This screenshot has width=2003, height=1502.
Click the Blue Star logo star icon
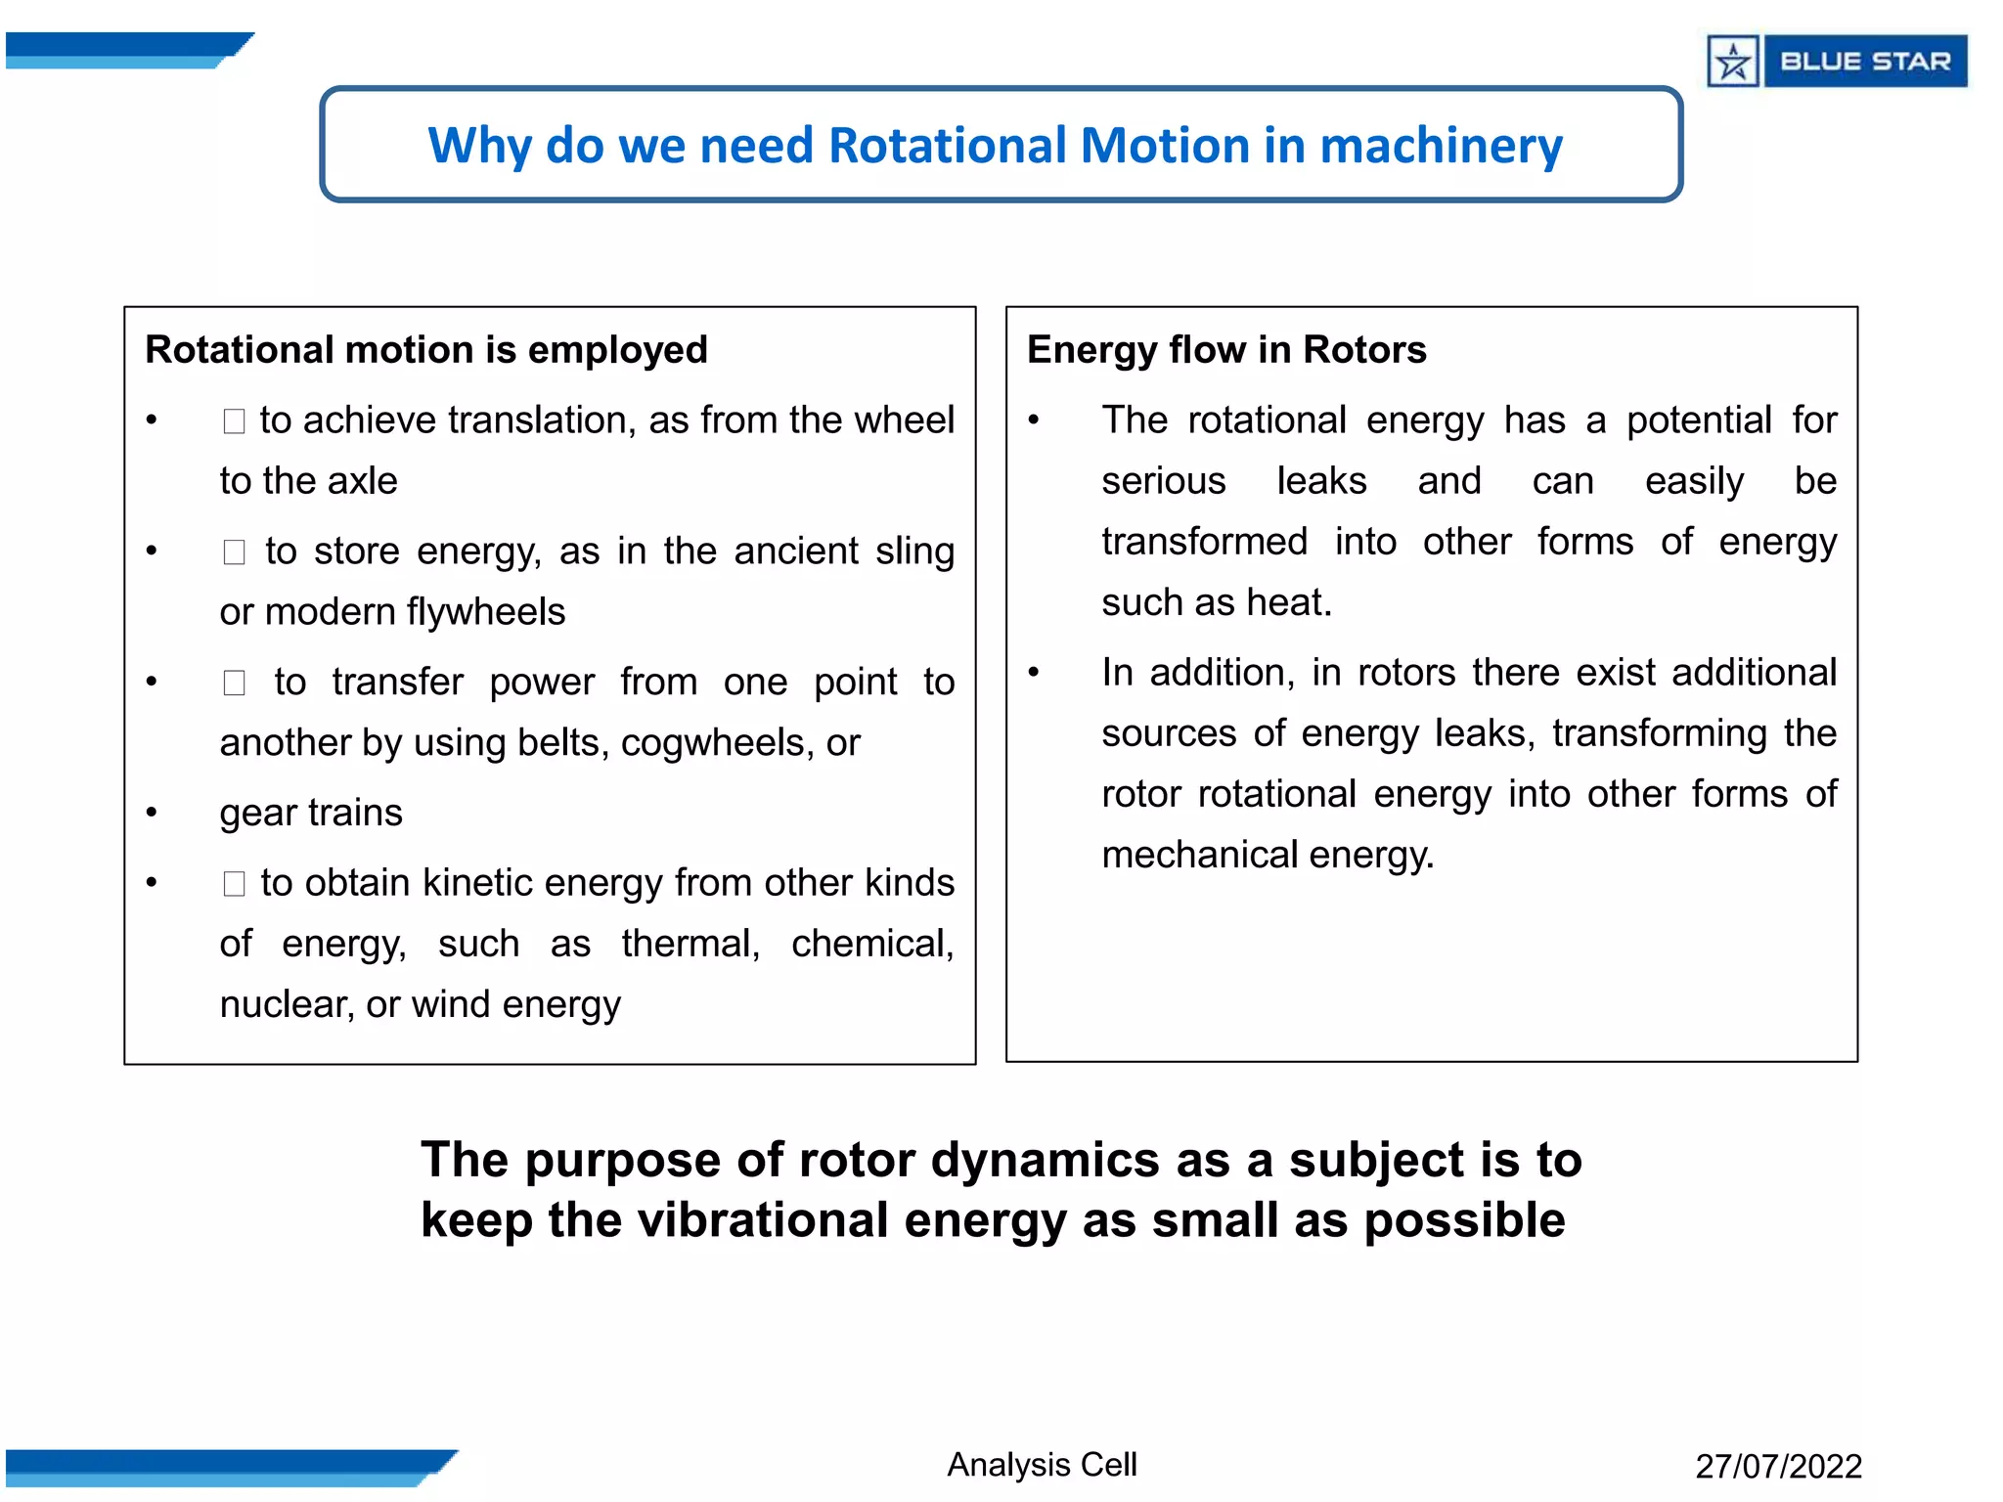(1733, 62)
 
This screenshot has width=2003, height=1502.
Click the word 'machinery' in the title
(1441, 146)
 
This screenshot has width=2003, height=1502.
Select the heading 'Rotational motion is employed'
(425, 350)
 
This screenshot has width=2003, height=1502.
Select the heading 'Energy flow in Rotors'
(1225, 350)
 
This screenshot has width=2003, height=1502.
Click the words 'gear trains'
(311, 813)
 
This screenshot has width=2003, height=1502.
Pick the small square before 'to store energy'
(234, 552)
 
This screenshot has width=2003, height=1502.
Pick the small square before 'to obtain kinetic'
(234, 884)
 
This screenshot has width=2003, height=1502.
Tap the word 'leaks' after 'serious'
(1321, 481)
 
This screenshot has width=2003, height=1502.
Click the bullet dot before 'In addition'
(1034, 672)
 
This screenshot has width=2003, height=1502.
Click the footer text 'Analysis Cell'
(1042, 1465)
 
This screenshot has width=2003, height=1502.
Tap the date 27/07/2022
(1778, 1467)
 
